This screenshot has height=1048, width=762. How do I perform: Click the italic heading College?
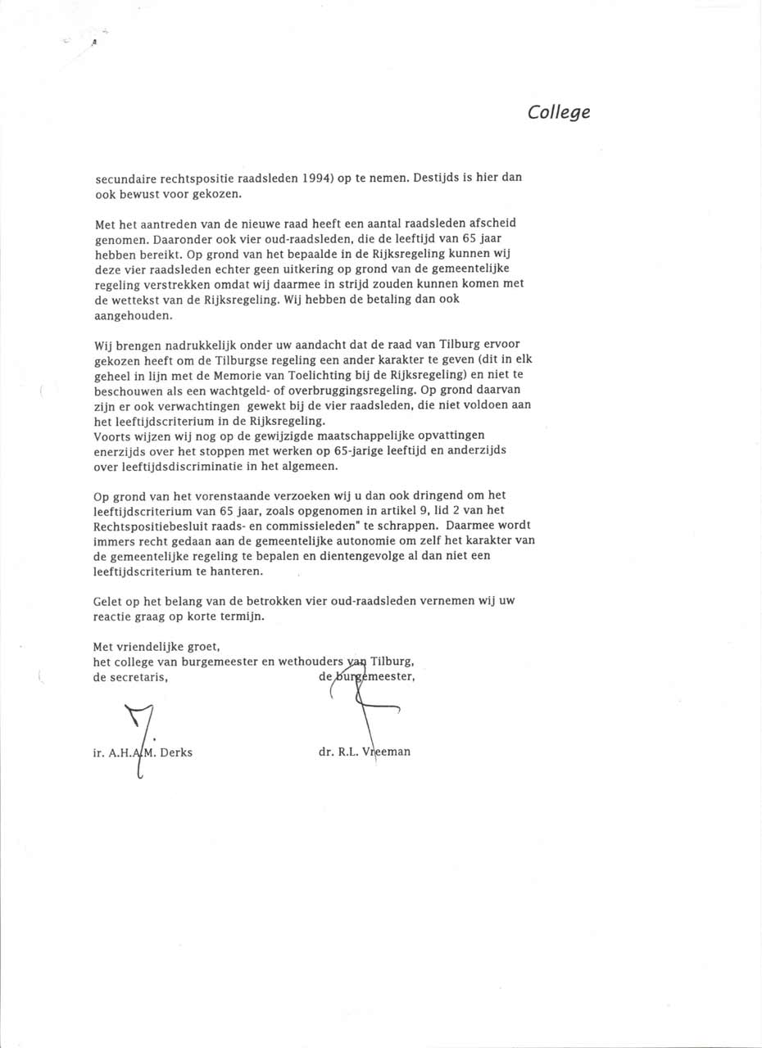coord(559,113)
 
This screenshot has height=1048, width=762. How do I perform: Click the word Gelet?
coord(110,601)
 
